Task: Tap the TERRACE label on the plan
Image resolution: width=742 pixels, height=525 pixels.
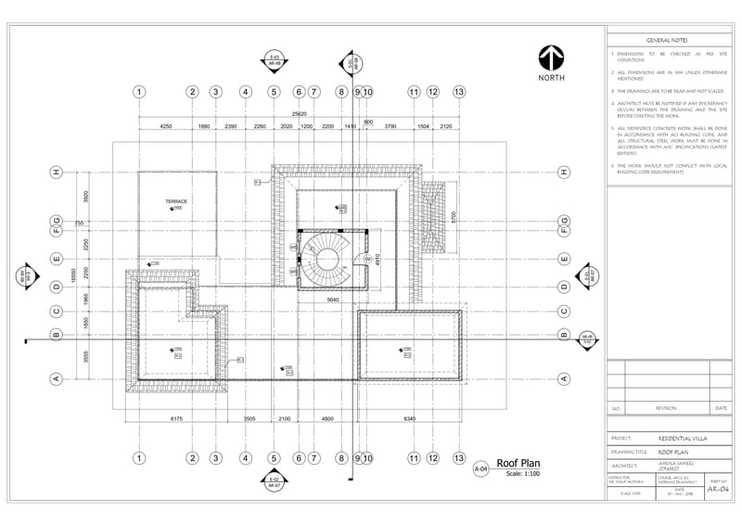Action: (x=176, y=201)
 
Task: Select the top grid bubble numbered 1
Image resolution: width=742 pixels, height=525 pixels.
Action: (x=138, y=92)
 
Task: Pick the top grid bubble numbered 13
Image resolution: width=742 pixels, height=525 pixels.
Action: (x=458, y=92)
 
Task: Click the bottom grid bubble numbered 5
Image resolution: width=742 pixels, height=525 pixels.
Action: (x=275, y=458)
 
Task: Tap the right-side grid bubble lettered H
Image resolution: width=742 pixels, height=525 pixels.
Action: (x=563, y=173)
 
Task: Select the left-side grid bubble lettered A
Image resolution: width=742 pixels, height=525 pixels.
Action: (x=57, y=378)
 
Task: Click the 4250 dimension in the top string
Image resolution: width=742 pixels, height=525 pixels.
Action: (x=166, y=125)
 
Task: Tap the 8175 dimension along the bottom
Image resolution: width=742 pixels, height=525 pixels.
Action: (x=176, y=419)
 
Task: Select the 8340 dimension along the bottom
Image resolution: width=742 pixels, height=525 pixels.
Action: (x=408, y=419)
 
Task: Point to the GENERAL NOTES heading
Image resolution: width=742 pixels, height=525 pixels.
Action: (x=666, y=41)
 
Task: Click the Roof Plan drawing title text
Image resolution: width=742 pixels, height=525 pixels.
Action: (x=518, y=463)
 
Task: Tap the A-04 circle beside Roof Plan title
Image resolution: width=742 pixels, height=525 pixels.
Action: (x=480, y=469)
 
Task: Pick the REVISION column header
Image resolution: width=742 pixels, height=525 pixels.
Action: (x=666, y=408)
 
